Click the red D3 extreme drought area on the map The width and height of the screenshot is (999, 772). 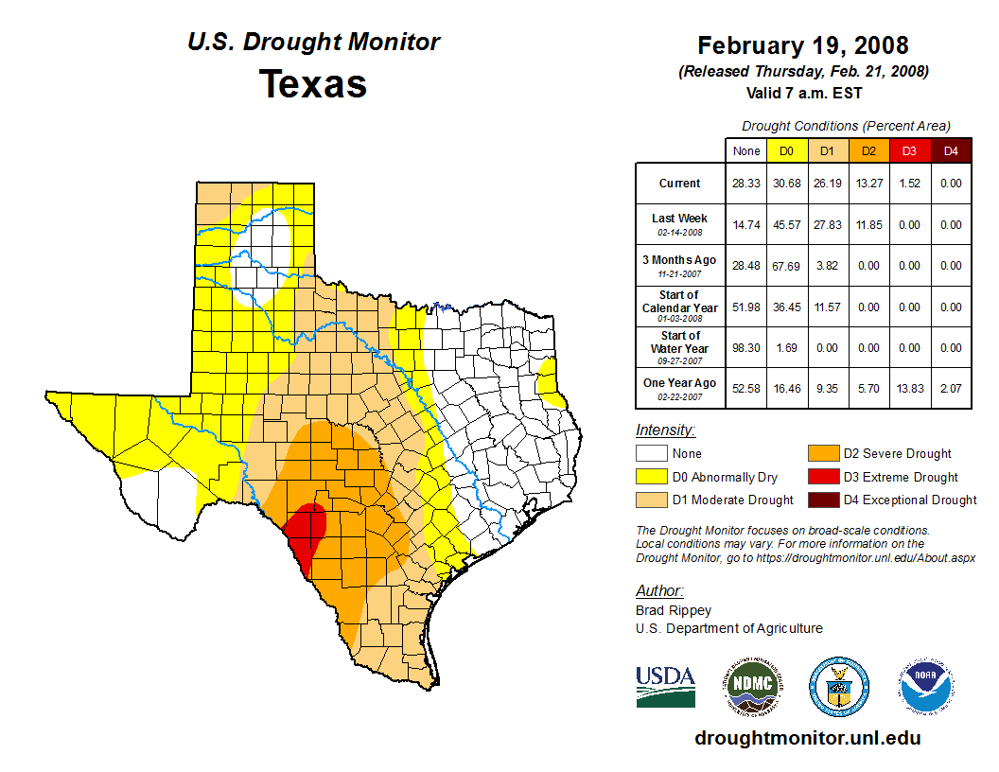coord(307,531)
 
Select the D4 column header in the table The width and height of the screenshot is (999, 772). coord(951,150)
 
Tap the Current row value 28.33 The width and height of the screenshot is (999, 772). coord(745,184)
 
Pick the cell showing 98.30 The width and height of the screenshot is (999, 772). coord(745,347)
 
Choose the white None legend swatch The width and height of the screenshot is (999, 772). coord(652,454)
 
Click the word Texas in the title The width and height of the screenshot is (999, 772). coord(313,84)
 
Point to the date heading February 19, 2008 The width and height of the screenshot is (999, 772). coord(802,45)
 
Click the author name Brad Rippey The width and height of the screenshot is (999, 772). coord(673,610)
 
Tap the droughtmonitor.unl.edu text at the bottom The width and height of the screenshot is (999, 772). coord(807,738)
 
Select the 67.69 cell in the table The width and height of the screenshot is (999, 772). coord(786,266)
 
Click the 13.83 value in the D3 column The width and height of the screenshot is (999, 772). coord(909,388)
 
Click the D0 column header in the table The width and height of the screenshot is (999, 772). coord(786,150)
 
